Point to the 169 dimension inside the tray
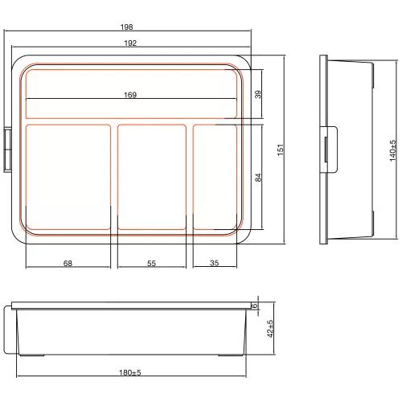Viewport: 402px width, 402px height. point(130,95)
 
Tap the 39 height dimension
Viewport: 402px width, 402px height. point(258,94)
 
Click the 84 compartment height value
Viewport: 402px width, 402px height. point(258,177)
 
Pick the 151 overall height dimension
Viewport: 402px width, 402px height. point(281,150)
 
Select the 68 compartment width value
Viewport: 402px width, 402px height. point(68,263)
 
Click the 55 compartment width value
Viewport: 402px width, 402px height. point(152,263)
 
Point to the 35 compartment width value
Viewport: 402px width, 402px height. point(215,263)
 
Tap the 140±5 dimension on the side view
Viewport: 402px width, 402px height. point(392,149)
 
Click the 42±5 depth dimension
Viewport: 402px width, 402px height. point(270,329)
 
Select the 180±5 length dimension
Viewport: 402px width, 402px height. point(130,372)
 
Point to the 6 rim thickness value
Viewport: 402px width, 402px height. point(254,306)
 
